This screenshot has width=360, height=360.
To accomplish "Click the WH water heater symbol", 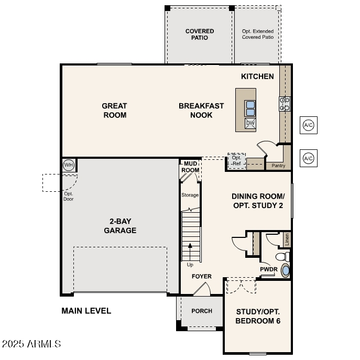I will click(x=68, y=165).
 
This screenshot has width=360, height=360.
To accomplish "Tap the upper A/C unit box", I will click(x=308, y=125).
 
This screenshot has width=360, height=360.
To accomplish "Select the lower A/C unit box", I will click(x=308, y=158).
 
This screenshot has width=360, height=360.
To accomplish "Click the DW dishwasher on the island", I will click(x=250, y=123).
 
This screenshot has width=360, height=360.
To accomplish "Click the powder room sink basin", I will click(x=285, y=270).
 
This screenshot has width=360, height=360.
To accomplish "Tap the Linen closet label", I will click(x=287, y=239).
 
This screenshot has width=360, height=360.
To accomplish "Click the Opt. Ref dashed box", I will click(x=237, y=161).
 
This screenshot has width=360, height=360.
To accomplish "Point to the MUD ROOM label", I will click(x=190, y=167).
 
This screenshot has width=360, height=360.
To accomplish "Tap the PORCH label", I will click(x=202, y=311).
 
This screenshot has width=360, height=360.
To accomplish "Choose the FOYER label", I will click(x=202, y=276).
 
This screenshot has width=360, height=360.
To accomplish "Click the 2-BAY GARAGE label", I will click(x=120, y=226).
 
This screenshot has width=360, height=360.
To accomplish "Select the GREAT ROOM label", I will click(x=114, y=110).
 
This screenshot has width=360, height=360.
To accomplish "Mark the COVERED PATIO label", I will click(x=200, y=35).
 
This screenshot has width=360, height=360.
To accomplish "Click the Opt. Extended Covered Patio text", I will click(x=258, y=35).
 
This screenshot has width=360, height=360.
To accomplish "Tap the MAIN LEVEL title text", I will click(x=86, y=311).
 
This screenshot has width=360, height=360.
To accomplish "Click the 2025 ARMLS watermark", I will click(x=31, y=344).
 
